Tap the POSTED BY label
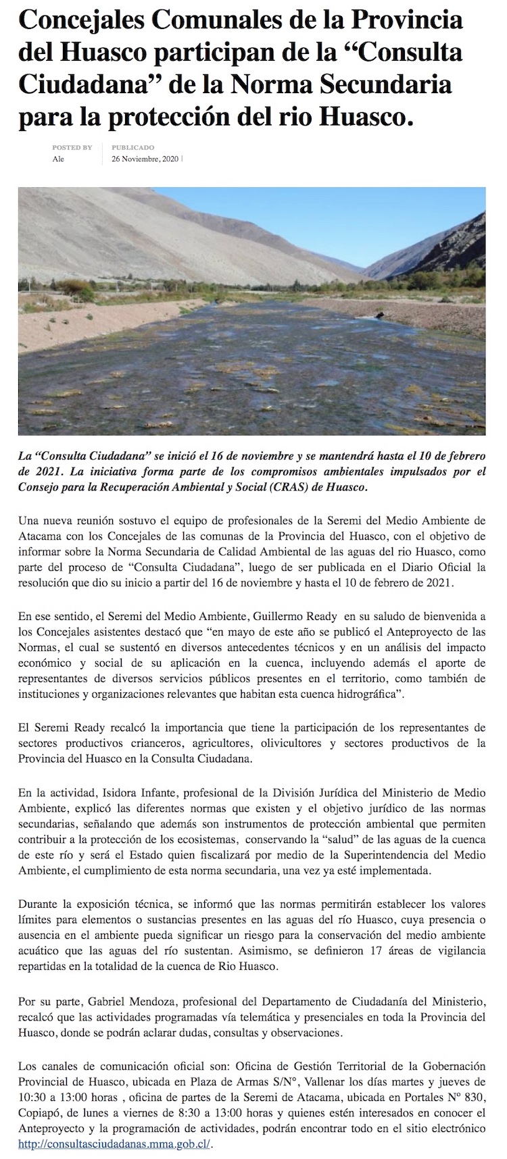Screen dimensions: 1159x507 [72, 147]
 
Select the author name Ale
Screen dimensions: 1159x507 [59, 159]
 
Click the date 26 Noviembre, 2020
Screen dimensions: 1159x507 [145, 159]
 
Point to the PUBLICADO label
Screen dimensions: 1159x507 [133, 147]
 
